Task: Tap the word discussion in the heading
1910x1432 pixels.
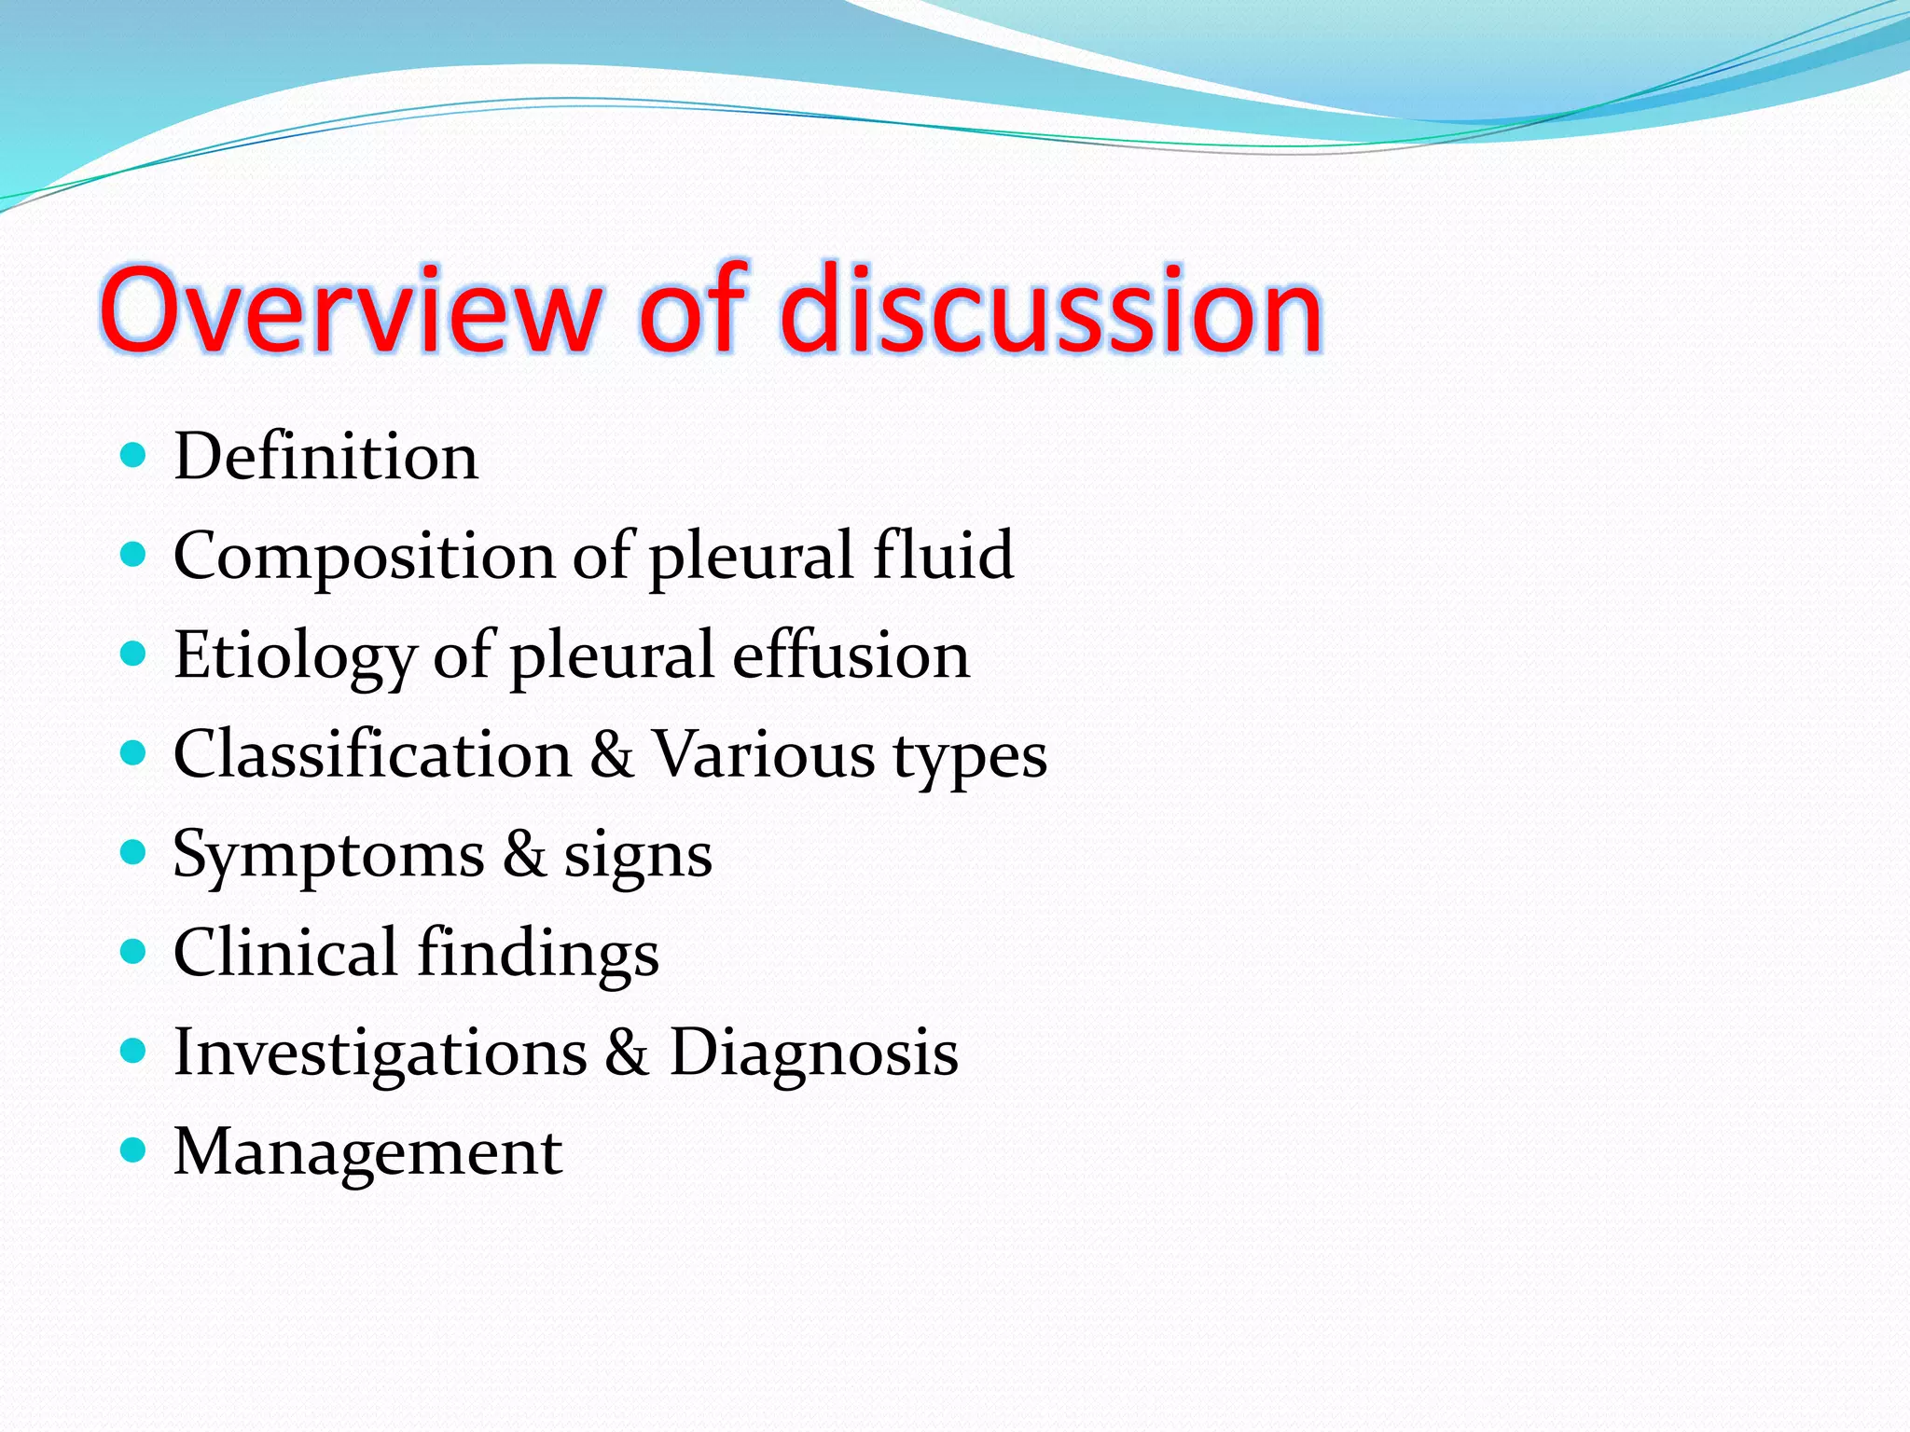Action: point(1051,310)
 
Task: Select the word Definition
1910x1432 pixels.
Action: point(325,457)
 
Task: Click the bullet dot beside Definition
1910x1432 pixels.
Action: point(134,456)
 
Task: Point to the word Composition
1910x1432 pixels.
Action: point(364,557)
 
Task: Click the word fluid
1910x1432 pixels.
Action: point(943,555)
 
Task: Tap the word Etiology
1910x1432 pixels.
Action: point(294,656)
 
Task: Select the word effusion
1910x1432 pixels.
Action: point(851,654)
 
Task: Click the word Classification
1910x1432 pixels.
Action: point(372,754)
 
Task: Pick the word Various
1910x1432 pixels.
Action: point(763,754)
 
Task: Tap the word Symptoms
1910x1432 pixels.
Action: point(328,856)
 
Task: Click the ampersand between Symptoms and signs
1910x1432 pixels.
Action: point(524,854)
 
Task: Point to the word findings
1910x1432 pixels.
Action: point(538,955)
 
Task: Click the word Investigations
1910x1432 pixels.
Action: point(381,1053)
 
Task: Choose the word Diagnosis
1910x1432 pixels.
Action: point(813,1053)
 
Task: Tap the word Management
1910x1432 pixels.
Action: point(367,1152)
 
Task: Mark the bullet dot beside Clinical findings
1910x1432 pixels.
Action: point(134,952)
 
